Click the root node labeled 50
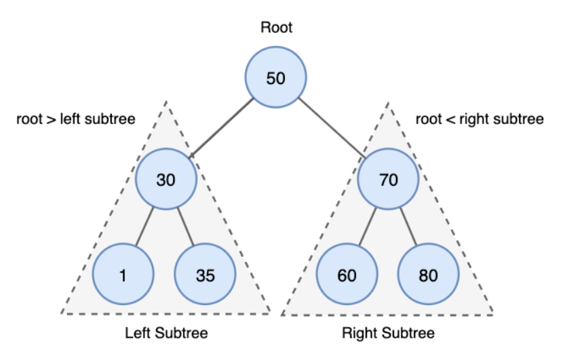275,78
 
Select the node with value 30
166,180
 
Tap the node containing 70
388,180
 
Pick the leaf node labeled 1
122,275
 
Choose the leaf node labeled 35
205,275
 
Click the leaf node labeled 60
347,275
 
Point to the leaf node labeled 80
428,275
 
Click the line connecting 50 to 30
222,129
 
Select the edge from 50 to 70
332,128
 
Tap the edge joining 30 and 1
144,227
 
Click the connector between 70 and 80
408,227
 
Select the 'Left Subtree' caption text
166,334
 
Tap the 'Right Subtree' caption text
388,334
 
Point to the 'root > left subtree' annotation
76,119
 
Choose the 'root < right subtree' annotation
480,119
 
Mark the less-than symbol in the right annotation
448,120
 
